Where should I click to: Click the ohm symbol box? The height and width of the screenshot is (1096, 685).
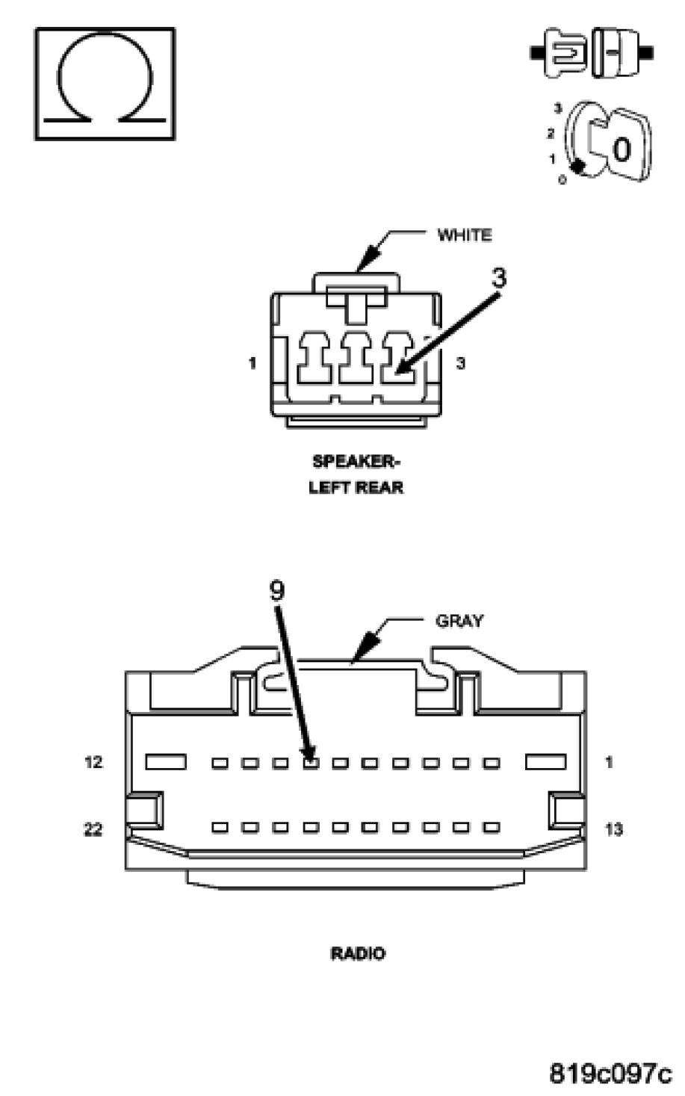click(105, 84)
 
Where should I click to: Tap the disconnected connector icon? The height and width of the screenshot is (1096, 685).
click(592, 52)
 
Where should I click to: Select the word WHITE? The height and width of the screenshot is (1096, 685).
click(464, 235)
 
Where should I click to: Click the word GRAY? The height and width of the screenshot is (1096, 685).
click(459, 620)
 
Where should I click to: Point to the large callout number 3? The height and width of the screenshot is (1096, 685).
click(499, 278)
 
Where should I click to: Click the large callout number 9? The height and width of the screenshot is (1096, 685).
click(276, 591)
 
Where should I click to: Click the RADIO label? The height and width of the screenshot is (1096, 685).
click(358, 953)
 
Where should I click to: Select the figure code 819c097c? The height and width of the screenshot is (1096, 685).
click(610, 1073)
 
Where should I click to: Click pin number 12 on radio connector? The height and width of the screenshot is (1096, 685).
click(93, 763)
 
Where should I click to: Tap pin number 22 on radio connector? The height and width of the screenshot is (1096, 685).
click(93, 829)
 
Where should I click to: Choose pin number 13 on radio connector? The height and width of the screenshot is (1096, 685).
click(613, 829)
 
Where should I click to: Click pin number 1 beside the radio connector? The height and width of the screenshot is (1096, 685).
click(609, 763)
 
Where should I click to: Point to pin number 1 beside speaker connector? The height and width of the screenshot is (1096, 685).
click(252, 364)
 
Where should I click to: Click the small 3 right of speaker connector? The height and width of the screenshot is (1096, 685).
click(461, 364)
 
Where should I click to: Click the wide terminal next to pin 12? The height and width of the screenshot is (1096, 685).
click(166, 762)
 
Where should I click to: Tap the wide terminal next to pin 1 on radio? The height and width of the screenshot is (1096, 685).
click(546, 762)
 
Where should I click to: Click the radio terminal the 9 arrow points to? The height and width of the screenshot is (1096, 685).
click(310, 763)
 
